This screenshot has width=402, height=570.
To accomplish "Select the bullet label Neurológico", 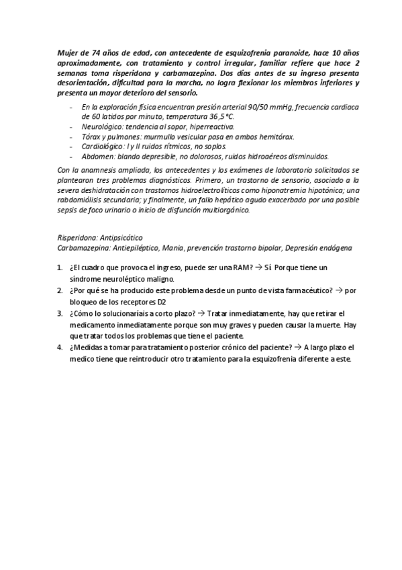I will coord(102,126).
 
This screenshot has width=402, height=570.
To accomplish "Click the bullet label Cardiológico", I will coord(104,146).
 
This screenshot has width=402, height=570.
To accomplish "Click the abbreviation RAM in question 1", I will coord(240,268).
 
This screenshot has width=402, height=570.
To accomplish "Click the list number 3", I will coord(60,313).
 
